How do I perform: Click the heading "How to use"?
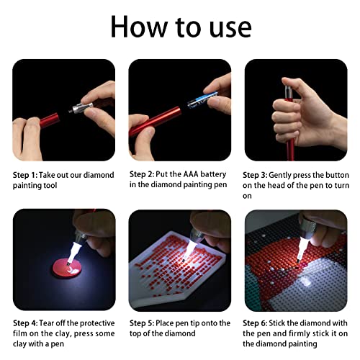tap(180, 27)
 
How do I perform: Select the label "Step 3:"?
tap(258, 175)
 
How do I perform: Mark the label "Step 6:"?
tap(258, 323)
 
